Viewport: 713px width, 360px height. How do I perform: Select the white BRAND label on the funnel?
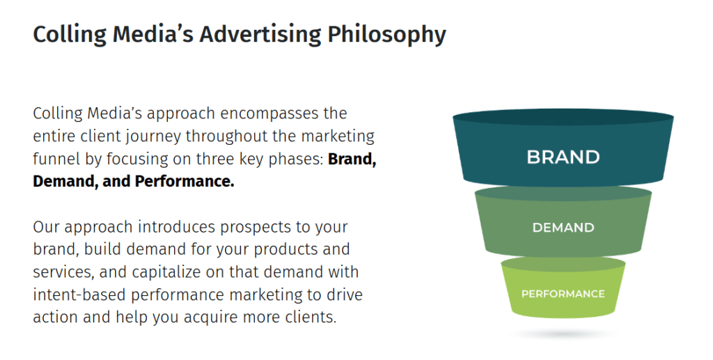pos(563,157)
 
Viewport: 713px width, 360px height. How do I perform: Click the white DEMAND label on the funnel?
pos(563,228)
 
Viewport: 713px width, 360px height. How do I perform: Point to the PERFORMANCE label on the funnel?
pos(563,294)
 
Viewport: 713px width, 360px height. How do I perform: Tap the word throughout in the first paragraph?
pos(221,136)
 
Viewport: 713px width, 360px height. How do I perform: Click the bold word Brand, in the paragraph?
pos(352,159)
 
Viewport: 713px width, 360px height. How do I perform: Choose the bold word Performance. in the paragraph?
pos(185,182)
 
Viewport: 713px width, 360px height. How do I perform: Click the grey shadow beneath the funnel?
pos(563,335)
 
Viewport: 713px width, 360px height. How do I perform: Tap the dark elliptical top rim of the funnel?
pos(563,118)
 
